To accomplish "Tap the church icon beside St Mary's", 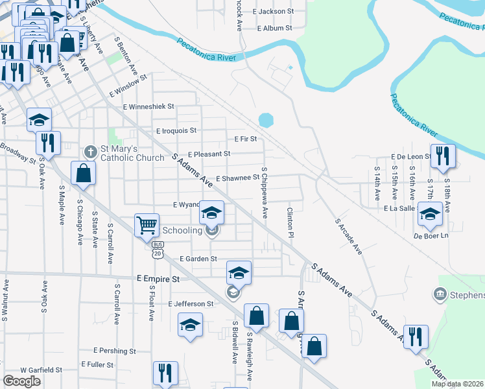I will pyautogui.click(x=91, y=152).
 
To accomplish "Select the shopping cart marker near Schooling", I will pyautogui.click(x=147, y=226).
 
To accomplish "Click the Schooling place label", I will pyautogui.click(x=182, y=230).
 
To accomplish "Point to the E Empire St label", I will pyautogui.click(x=158, y=278).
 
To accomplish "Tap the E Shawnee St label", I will pyautogui.click(x=237, y=178).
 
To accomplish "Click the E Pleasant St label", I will pyautogui.click(x=209, y=154).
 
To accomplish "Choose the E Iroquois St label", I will pyautogui.click(x=176, y=130).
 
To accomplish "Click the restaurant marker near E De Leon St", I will pyautogui.click(x=444, y=156).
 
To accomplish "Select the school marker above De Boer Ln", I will pyautogui.click(x=429, y=215).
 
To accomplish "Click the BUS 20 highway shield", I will pyautogui.click(x=158, y=250).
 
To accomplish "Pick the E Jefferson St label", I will pyautogui.click(x=191, y=303).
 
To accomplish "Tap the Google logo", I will pyautogui.click(x=22, y=381).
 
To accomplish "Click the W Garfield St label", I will pyautogui.click(x=40, y=370).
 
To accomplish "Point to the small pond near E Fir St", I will pyautogui.click(x=266, y=121).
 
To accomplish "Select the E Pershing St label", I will pyautogui.click(x=114, y=350).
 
